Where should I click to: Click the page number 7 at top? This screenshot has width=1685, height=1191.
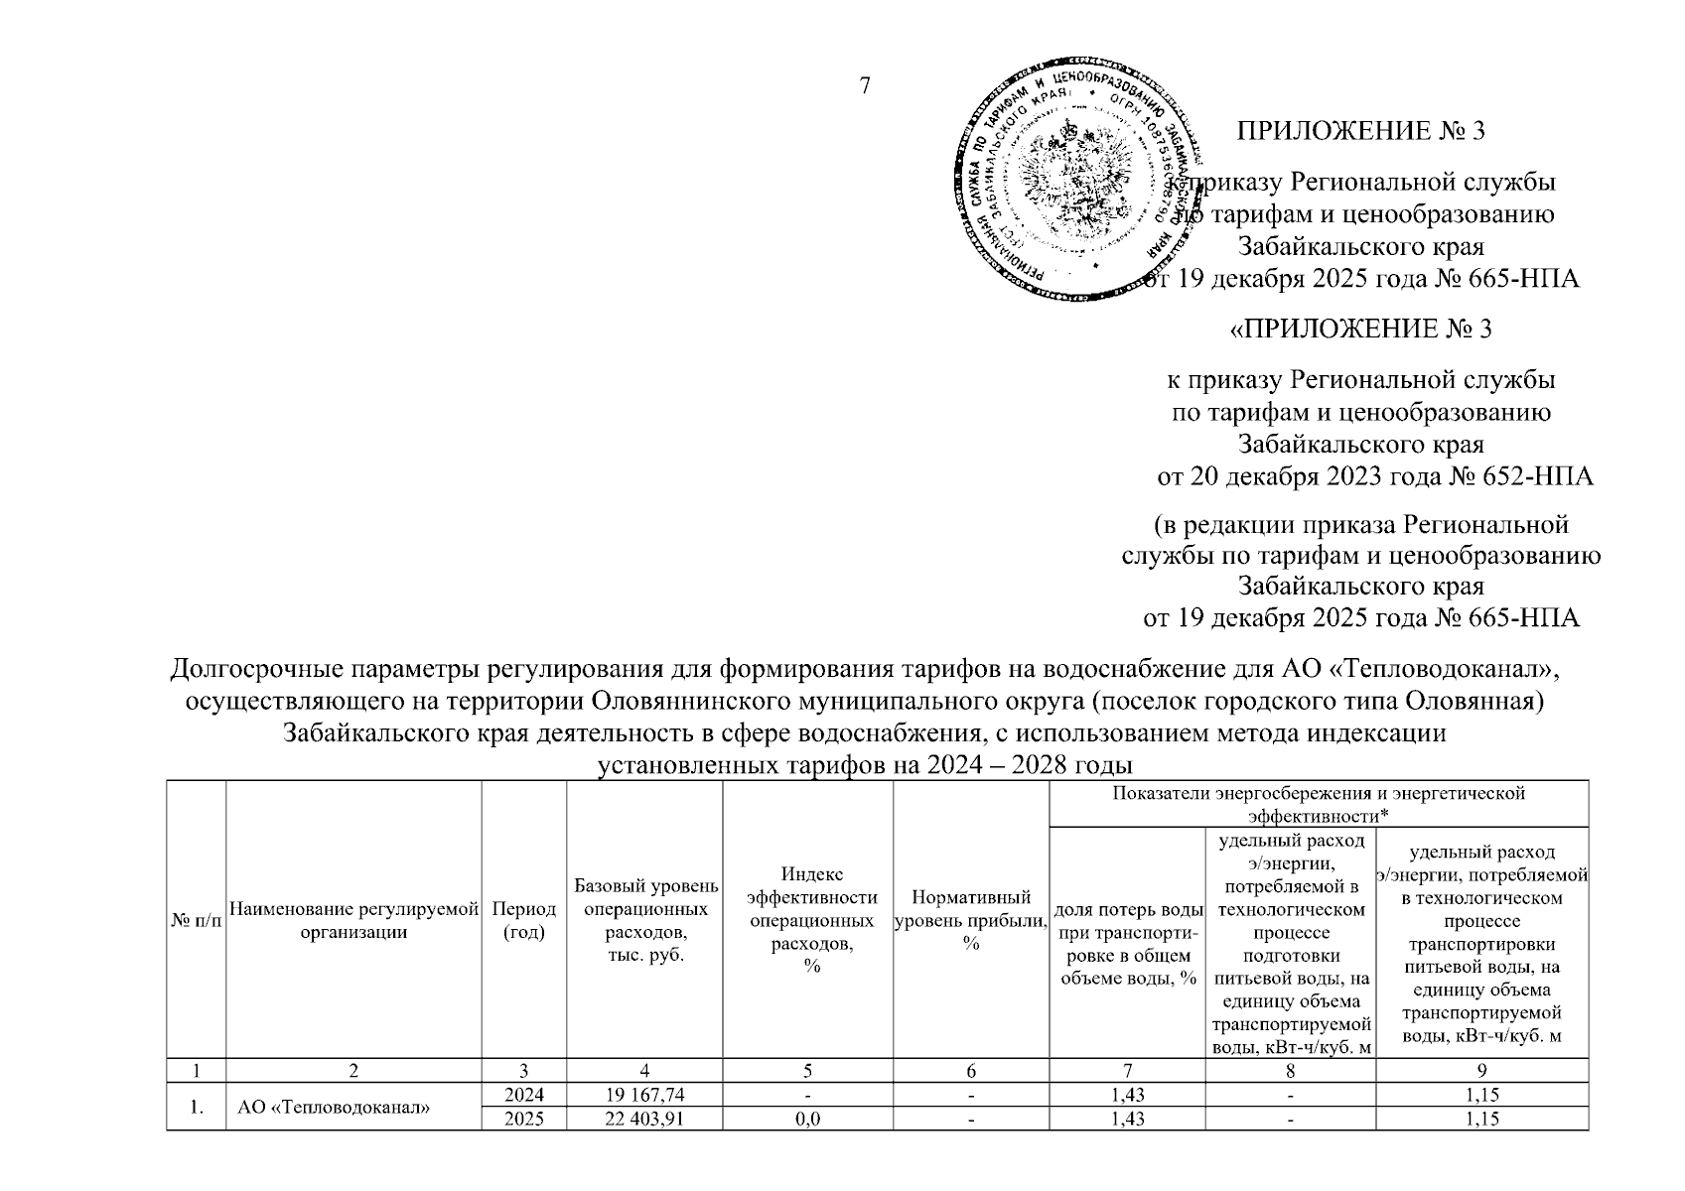(864, 86)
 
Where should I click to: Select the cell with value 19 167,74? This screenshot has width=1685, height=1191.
(644, 1095)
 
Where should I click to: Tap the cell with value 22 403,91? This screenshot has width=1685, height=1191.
(644, 1119)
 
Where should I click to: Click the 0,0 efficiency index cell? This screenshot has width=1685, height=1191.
(807, 1119)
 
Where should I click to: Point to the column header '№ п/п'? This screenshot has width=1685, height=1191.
(197, 920)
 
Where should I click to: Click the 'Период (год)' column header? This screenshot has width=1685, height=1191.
(523, 920)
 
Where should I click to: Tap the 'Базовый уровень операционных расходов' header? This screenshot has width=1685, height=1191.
(644, 920)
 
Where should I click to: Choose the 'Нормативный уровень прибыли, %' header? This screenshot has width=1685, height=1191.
(970, 920)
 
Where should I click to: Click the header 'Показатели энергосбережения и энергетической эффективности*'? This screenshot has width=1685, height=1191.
(1318, 804)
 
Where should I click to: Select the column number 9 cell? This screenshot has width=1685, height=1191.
(1481, 1071)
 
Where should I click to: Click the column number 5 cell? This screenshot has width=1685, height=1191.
(807, 1071)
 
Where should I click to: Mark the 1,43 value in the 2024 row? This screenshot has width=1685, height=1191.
(1127, 1095)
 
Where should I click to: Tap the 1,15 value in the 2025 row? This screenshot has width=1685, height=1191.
(1481, 1119)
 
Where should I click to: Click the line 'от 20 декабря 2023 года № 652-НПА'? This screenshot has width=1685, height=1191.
(1375, 477)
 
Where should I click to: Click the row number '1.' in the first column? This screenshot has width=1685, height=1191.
(197, 1108)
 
